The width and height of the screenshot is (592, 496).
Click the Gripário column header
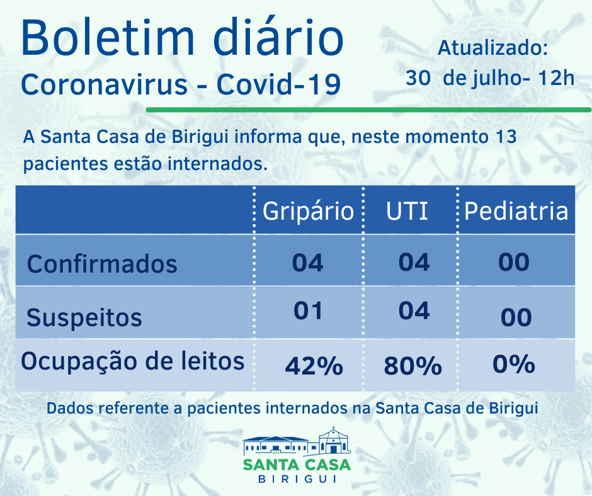(x=308, y=211)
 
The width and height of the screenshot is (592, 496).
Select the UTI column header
(x=407, y=211)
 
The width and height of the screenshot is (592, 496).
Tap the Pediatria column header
(x=516, y=211)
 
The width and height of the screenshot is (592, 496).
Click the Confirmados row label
(x=102, y=264)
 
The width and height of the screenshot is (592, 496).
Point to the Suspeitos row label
(x=84, y=318)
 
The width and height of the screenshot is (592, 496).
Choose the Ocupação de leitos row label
(x=133, y=362)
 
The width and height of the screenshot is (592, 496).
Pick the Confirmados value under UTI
(x=414, y=262)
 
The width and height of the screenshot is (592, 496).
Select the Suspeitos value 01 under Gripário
(x=308, y=310)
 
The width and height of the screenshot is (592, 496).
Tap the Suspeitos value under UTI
(x=414, y=310)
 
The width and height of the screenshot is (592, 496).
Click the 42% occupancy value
(x=314, y=366)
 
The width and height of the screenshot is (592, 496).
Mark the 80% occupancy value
(x=412, y=366)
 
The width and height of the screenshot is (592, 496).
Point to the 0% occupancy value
(x=515, y=364)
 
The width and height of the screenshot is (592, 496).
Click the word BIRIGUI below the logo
(x=297, y=480)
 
